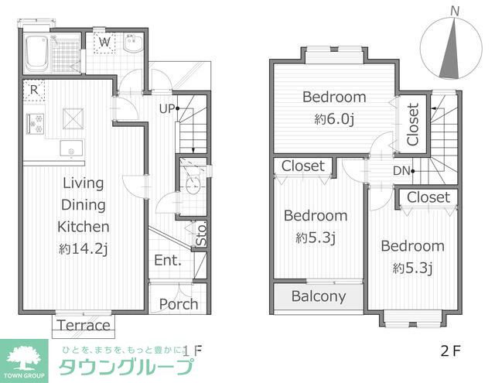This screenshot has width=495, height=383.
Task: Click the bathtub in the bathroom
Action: click(36, 53)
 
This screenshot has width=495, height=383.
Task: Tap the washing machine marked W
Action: click(104, 42)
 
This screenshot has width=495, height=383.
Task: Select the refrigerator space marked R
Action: click(34, 91)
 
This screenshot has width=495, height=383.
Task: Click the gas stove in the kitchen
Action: click(35, 123)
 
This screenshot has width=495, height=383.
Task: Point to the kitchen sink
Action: click(72, 148)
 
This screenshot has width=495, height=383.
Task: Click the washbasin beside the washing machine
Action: click(133, 43)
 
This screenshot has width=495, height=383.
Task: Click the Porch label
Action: click(179, 304)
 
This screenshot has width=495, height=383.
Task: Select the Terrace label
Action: click(84, 325)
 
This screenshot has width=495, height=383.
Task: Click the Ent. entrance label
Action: click(168, 261)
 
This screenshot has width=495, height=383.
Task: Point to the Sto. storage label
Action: click(201, 234)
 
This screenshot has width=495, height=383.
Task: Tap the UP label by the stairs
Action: click(167, 109)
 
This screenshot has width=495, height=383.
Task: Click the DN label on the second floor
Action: click(401, 171)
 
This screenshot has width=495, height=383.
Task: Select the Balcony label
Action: click(319, 296)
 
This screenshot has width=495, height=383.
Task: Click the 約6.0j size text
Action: click(334, 119)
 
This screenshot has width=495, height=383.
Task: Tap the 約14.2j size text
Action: click(84, 249)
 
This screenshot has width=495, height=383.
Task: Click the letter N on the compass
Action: click(455, 12)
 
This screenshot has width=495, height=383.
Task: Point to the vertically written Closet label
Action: click(413, 125)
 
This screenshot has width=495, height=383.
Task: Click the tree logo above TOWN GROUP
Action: click(24, 357)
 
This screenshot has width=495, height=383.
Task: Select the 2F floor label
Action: click(450, 351)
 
